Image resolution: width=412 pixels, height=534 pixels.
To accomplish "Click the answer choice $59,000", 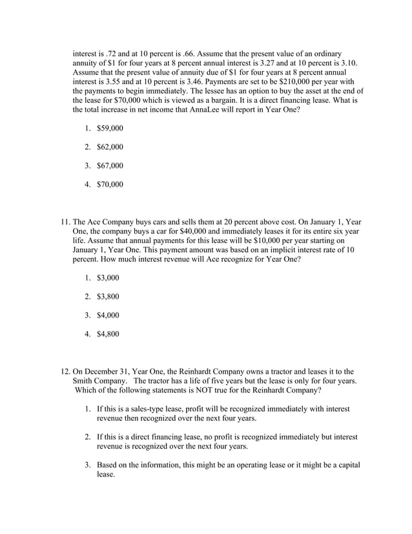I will [109, 129].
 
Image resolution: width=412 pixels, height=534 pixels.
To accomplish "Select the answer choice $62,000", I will [109, 147].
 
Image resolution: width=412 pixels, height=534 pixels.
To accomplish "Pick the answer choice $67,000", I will [109, 166].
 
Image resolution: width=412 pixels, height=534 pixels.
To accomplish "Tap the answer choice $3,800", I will [107, 297].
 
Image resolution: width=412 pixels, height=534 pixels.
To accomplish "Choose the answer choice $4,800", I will [107, 335].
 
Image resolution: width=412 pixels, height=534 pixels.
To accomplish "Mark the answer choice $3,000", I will [107, 279].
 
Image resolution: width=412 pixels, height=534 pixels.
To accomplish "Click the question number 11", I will [65, 221].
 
